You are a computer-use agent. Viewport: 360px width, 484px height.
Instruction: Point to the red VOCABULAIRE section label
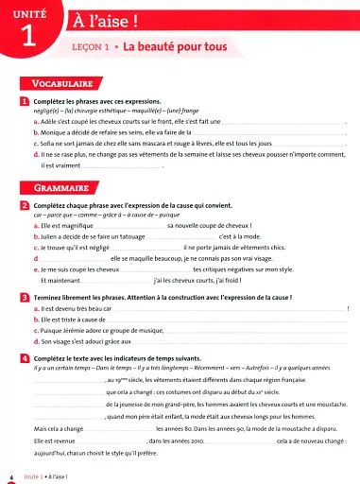coord(65,84)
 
